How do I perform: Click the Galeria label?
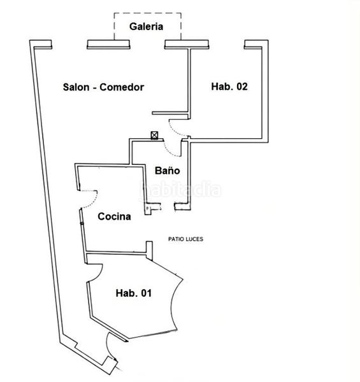click(x=146, y=27)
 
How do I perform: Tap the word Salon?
click(x=76, y=87)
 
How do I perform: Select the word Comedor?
click(x=122, y=87)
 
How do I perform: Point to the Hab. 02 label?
click(x=229, y=87)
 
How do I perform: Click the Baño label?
click(x=167, y=170)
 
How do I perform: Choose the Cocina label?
click(x=114, y=216)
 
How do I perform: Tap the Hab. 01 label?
click(x=134, y=293)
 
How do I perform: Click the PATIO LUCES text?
click(x=185, y=239)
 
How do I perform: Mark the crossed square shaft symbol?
click(x=154, y=135)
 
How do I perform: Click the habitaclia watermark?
click(x=181, y=189)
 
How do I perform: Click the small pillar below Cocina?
click(x=149, y=250)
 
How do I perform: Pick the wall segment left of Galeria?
click(x=108, y=45)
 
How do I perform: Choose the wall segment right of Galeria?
click(x=187, y=45)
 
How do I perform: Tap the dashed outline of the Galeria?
click(x=147, y=13)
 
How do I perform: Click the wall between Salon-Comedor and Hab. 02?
click(x=189, y=84)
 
